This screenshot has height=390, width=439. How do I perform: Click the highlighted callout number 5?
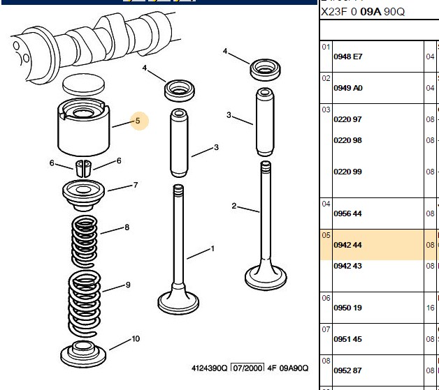(138, 121)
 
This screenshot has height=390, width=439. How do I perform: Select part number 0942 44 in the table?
(347, 245)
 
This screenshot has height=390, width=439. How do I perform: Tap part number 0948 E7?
(348, 57)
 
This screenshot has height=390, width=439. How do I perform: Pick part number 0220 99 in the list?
(347, 172)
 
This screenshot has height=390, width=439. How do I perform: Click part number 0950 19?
(347, 308)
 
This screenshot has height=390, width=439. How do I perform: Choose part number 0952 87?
(347, 370)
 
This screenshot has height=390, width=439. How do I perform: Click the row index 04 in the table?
(326, 204)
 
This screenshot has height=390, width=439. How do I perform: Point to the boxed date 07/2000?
(247, 368)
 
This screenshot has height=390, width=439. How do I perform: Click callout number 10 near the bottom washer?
(136, 339)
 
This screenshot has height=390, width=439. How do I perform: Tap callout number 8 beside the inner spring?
(127, 227)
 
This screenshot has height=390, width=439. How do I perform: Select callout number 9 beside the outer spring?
(128, 285)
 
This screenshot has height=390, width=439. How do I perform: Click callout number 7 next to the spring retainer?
(136, 185)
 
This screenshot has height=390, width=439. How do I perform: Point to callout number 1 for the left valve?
(213, 248)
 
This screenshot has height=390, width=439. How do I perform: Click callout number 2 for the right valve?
(234, 207)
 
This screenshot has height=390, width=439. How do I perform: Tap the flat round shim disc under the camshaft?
(83, 84)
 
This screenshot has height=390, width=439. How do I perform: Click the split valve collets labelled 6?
(83, 168)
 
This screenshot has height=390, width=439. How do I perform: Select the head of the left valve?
(178, 303)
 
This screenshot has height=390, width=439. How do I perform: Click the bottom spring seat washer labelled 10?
(83, 354)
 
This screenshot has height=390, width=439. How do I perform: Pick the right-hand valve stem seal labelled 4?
(265, 70)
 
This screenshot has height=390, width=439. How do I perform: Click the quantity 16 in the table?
(431, 308)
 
